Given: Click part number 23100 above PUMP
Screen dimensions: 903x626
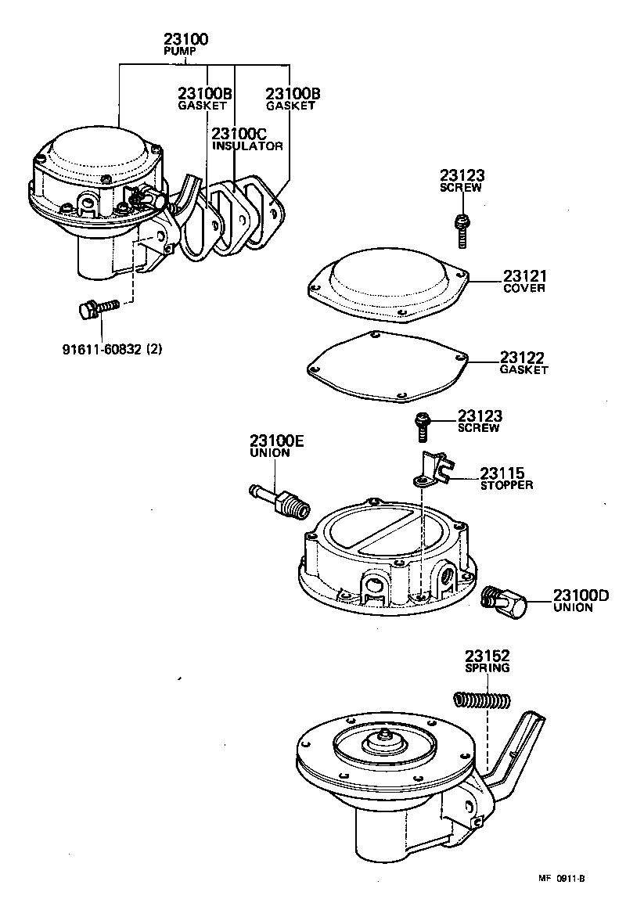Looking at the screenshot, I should point(187,38).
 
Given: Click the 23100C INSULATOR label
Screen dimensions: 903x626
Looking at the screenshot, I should point(246,139).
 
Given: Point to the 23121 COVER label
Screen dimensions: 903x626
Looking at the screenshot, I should point(524,281).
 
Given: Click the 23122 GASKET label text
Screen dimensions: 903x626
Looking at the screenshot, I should point(523,363).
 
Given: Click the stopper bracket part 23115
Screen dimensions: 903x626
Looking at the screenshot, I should point(430,469).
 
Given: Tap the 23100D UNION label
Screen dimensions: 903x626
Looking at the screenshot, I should point(580,600).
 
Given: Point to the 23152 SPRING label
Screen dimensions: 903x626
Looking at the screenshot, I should point(487,661).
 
